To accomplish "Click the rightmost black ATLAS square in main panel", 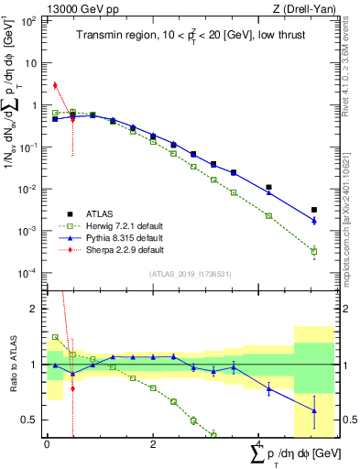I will (x=314, y=210).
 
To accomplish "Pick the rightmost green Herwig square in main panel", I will (x=314, y=251).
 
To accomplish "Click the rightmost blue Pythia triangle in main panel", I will (x=314, y=221).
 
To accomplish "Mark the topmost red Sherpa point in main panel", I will (x=55, y=85).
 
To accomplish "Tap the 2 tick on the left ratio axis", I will (x=38, y=309).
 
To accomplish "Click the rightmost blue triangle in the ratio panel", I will (x=314, y=410).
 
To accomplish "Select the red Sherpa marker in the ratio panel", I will (x=72, y=387).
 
